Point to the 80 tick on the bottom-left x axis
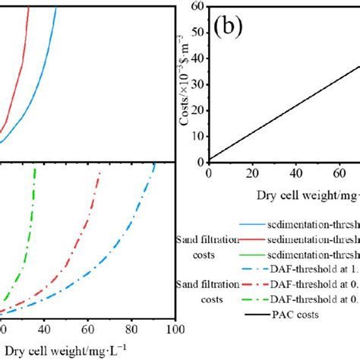(x=131, y=330)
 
